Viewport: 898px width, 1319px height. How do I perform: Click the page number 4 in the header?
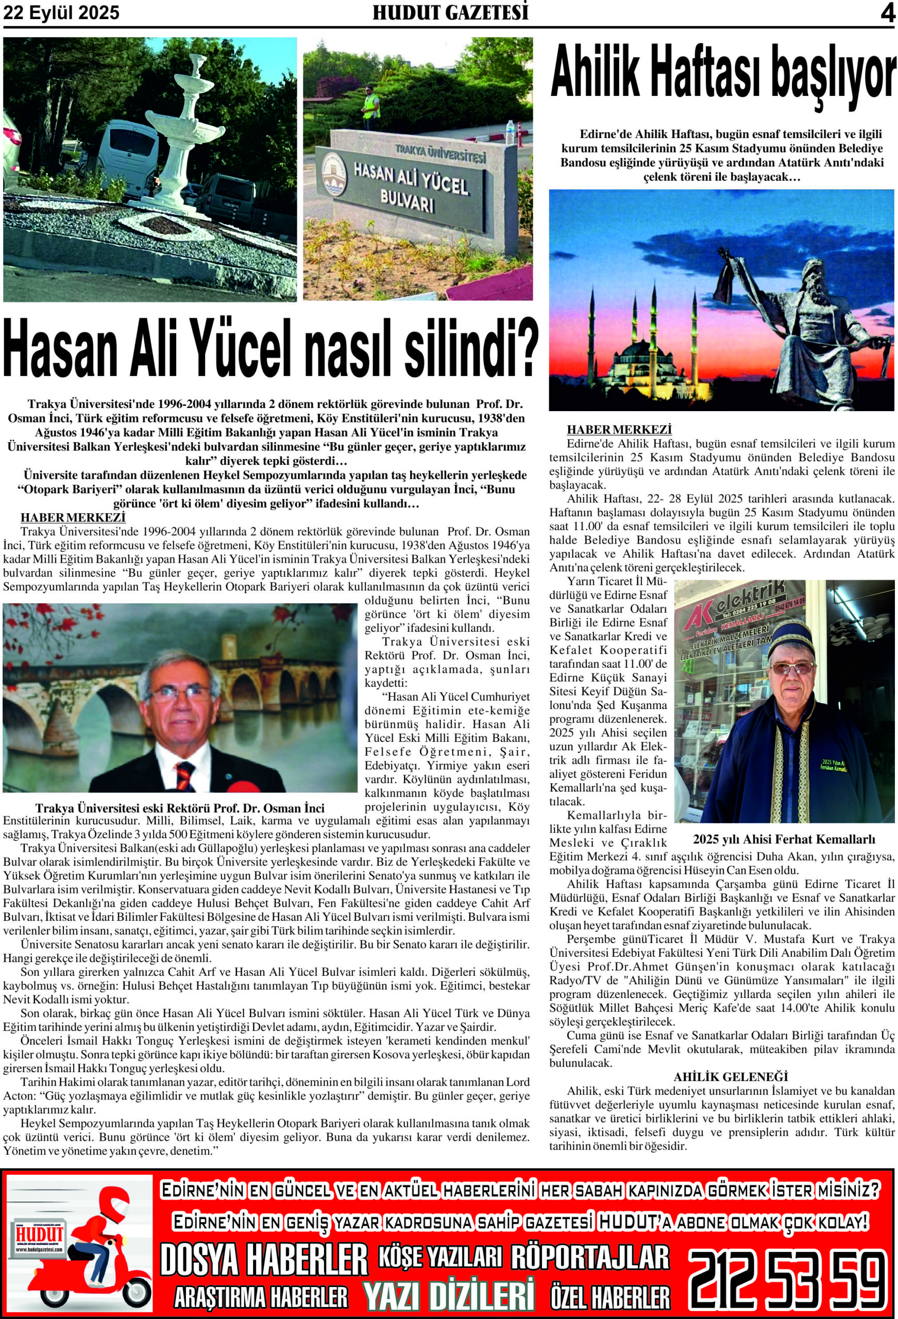point(886,13)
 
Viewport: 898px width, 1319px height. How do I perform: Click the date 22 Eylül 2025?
point(62,13)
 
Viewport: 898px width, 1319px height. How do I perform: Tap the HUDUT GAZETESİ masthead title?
point(450,12)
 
